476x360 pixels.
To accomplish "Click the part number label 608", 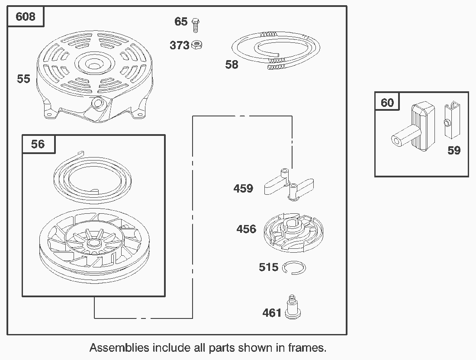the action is pos(26,16).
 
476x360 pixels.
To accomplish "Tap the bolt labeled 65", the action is pos(196,25).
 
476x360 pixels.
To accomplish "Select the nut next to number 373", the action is pos(197,45).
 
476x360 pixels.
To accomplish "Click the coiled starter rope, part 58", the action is pos(276,50).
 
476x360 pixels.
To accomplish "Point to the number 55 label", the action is pos(23,79).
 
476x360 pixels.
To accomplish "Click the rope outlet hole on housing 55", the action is pos(97,103).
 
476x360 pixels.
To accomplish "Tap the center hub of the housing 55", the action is pos(94,64).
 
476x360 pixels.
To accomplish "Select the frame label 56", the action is pos(38,144).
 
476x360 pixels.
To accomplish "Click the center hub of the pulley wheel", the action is pos(95,244).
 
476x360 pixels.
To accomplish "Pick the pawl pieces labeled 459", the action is pos(289,185).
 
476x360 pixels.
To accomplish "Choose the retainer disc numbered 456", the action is pos(293,232).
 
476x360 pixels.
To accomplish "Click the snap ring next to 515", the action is pos(294,268).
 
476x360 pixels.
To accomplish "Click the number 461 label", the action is pos(272,313).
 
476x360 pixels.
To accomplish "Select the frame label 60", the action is pos(387,103).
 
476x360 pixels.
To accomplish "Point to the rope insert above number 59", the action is pos(452,120).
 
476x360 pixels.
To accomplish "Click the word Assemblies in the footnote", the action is pos(119,347).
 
